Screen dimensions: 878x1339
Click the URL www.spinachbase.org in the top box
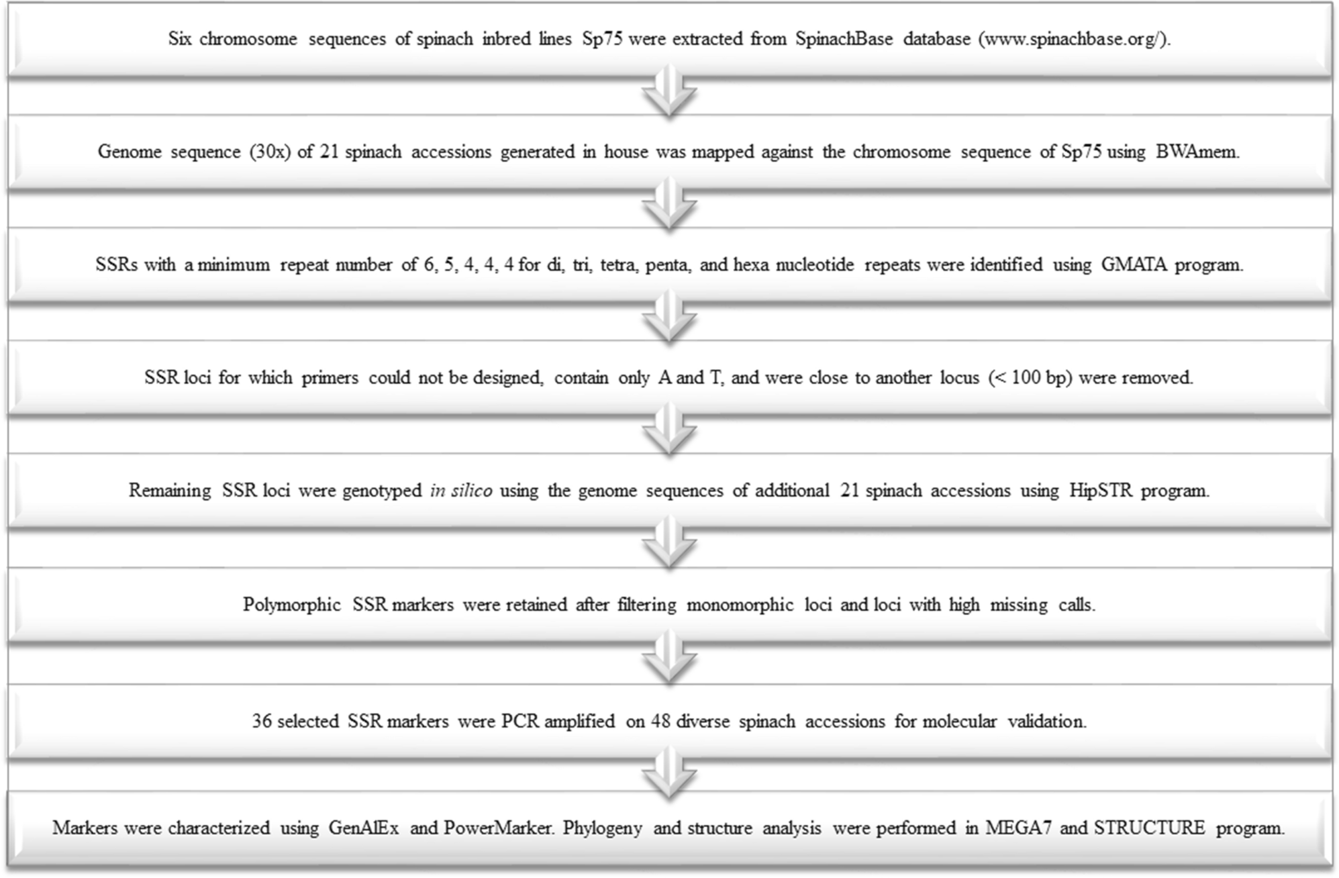pyautogui.click(x=1073, y=39)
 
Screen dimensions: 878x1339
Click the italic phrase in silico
pyautogui.click(x=461, y=491)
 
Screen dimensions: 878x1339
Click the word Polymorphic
pyautogui.click(x=292, y=605)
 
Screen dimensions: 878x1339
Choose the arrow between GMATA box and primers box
pyautogui.click(x=669, y=318)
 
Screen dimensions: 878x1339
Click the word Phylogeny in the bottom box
pyautogui.click(x=602, y=828)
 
